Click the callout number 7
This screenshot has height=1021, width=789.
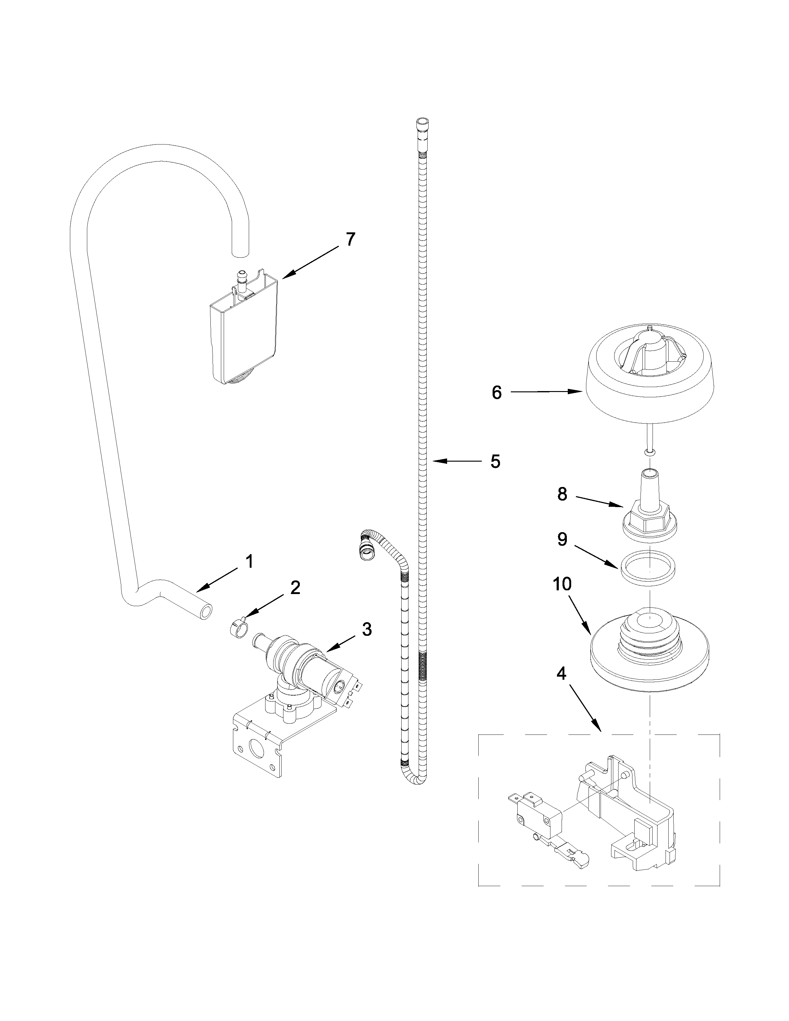click(350, 240)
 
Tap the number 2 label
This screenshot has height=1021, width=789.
click(295, 588)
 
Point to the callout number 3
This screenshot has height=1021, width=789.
click(367, 629)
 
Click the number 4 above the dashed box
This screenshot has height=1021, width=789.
click(561, 673)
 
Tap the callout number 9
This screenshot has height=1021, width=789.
click(562, 540)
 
